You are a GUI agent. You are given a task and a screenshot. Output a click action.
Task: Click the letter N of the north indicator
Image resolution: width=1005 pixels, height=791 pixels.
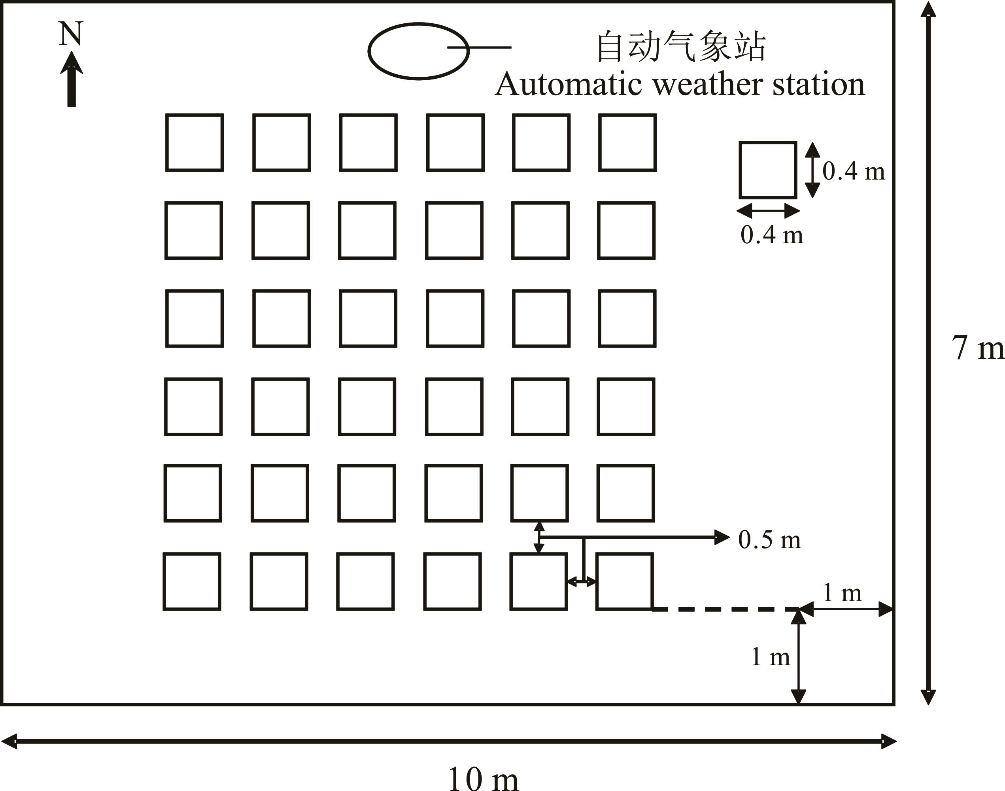[70, 34]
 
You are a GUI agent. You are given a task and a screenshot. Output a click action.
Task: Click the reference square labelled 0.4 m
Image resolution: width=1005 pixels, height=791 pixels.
[767, 170]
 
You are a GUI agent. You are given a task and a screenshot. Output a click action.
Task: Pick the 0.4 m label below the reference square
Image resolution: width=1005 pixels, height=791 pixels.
[772, 235]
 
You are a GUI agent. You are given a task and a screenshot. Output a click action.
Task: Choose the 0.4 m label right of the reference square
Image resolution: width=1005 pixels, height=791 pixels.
[854, 171]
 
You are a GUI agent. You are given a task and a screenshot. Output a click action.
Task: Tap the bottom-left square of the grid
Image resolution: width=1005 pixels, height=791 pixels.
[192, 581]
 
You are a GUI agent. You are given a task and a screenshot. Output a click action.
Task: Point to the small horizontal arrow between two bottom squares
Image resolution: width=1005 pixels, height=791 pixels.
[582, 581]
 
